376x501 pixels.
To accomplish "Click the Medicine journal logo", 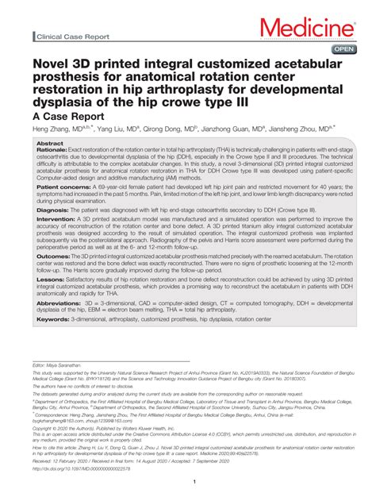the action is [x=315, y=30].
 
